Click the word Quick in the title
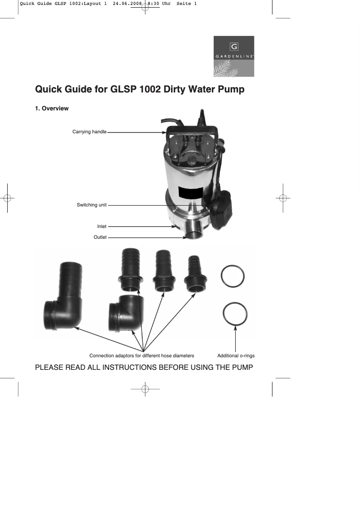pyautogui.click(x=50, y=89)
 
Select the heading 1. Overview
pyautogui.click(x=52, y=109)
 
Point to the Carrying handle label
pyautogui.click(x=89, y=132)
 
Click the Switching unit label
pyautogui.click(x=92, y=205)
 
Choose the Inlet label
pyautogui.click(x=102, y=227)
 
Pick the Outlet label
pyautogui.click(x=100, y=237)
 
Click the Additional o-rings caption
pyautogui.click(x=236, y=355)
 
